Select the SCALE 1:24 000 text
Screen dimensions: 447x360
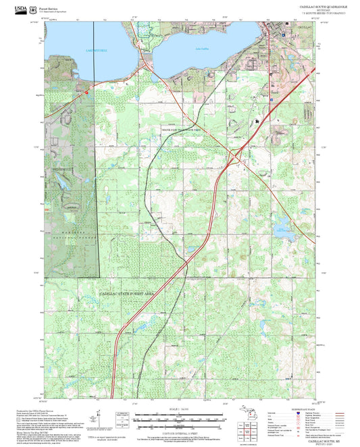coord(179,409)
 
